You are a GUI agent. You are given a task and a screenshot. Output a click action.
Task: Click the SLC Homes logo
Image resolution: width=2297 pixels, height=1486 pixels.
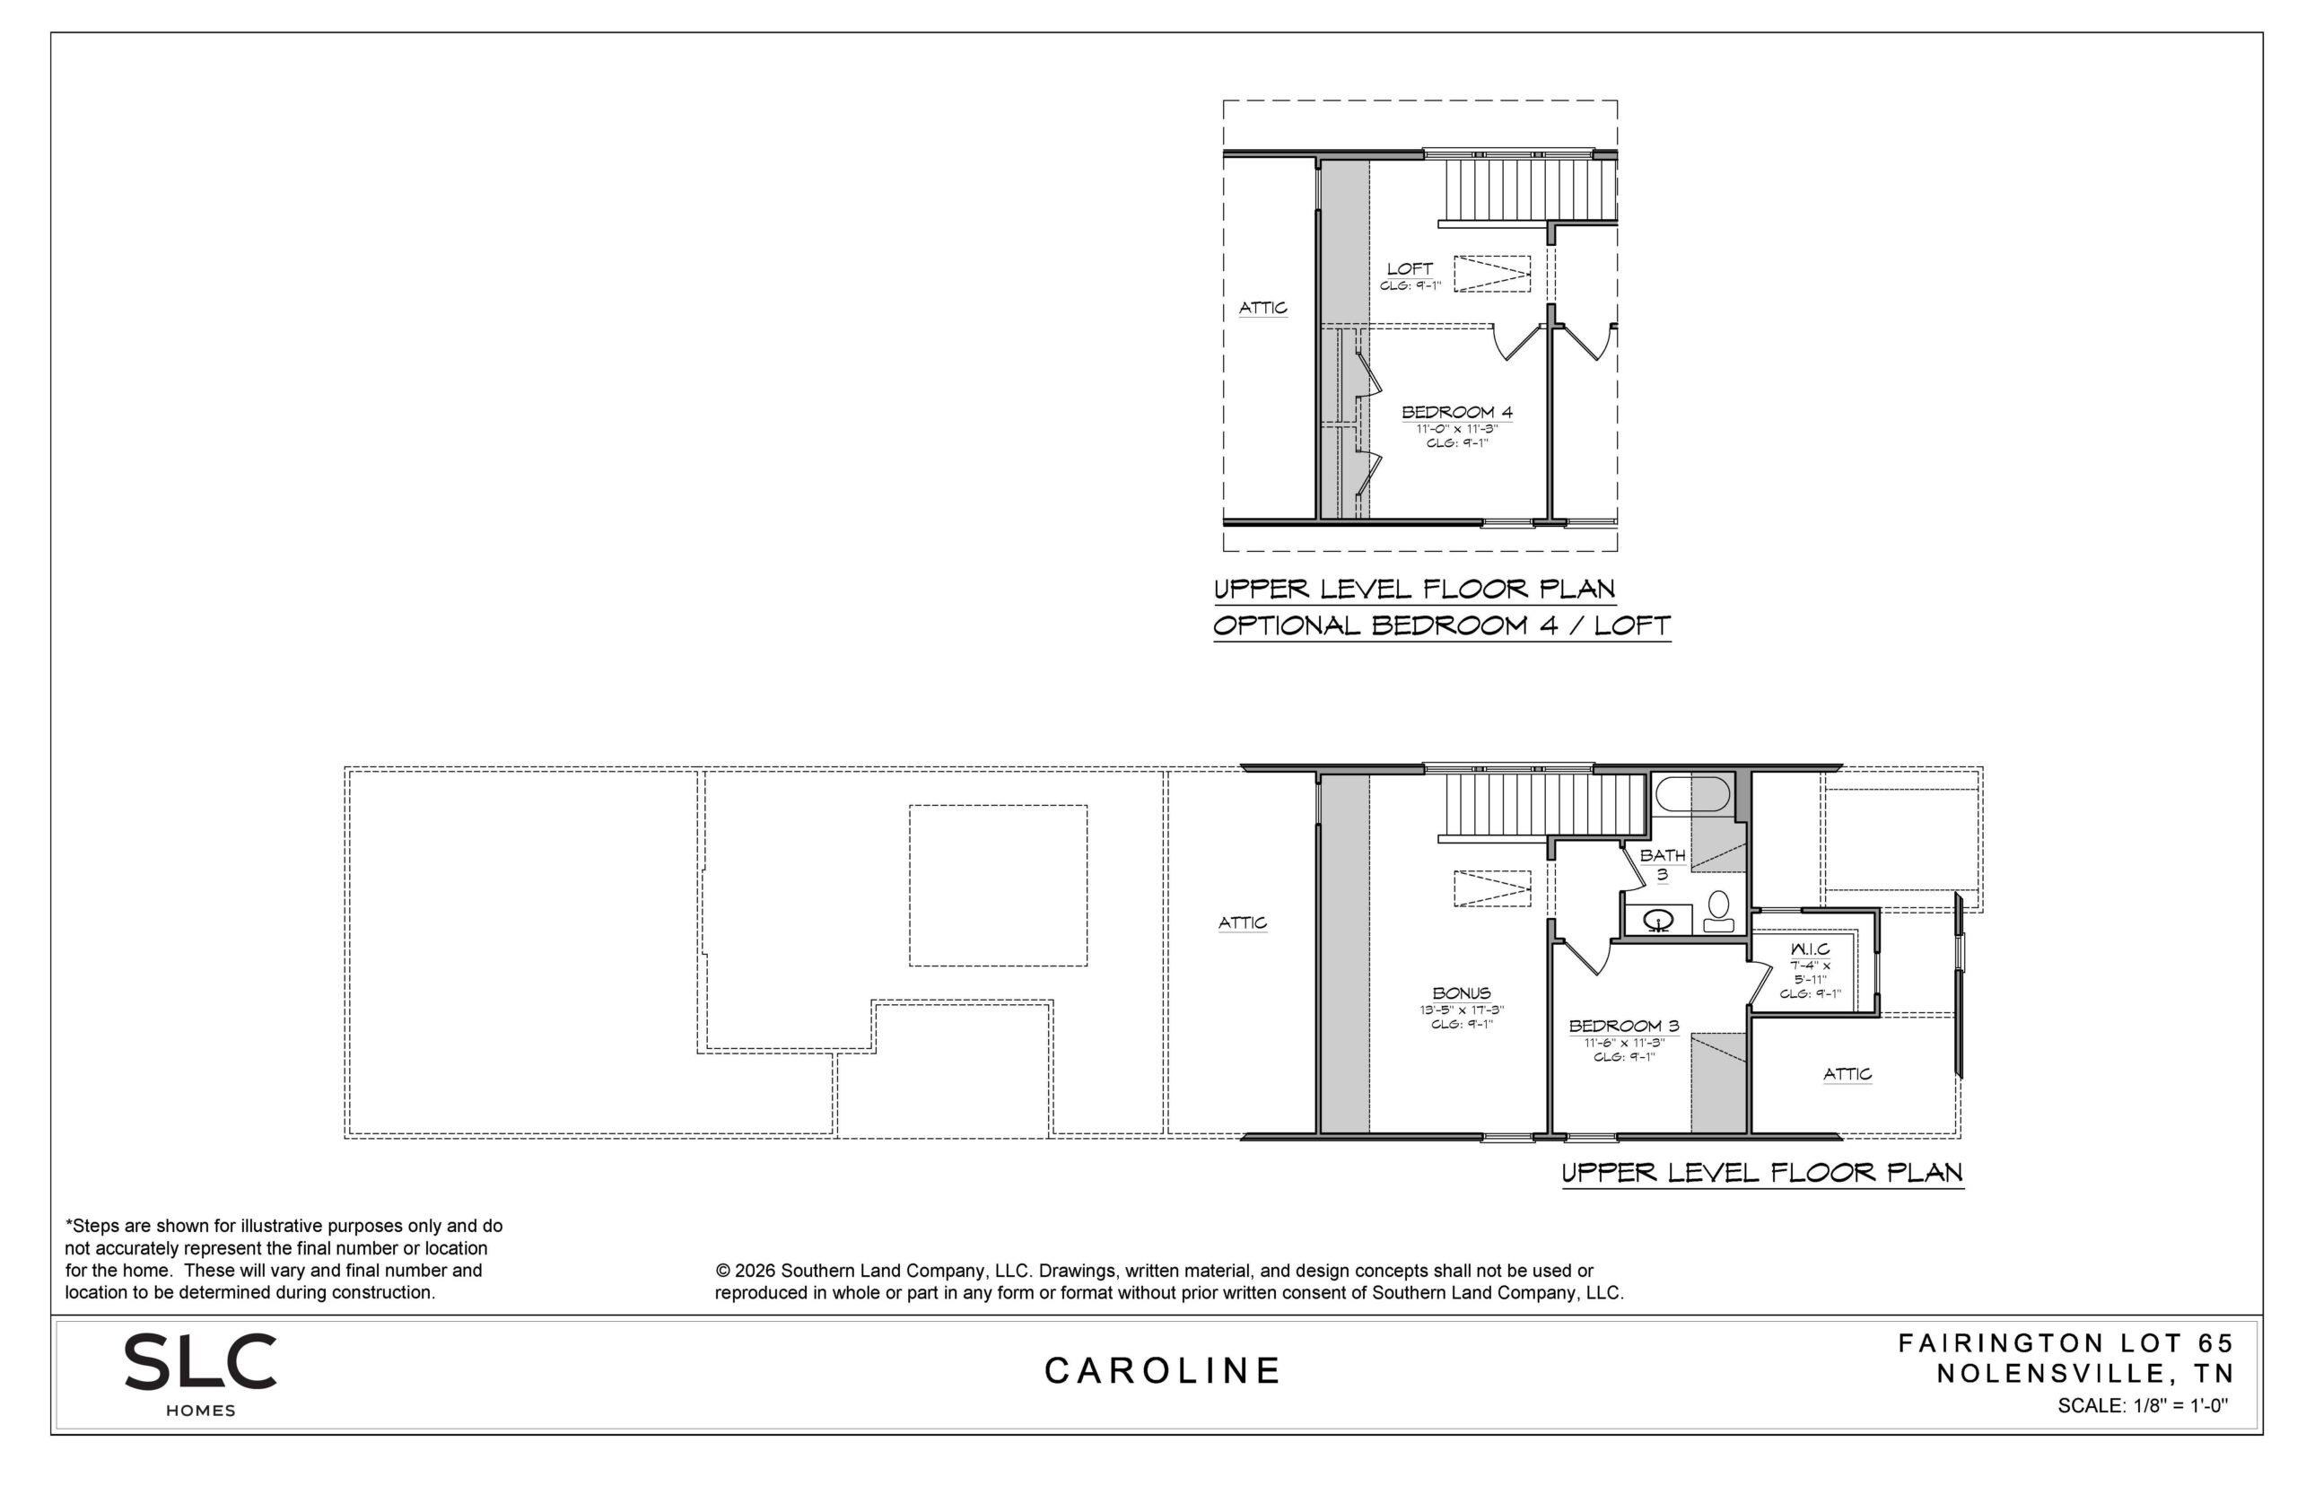tap(201, 1374)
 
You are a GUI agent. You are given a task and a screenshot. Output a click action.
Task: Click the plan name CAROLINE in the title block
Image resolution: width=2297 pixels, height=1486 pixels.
tap(1163, 1370)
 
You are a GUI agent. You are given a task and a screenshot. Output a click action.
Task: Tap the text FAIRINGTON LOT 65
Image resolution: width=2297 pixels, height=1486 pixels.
tap(2066, 1343)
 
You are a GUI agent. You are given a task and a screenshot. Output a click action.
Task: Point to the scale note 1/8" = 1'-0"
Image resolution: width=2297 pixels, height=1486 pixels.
tap(2144, 1406)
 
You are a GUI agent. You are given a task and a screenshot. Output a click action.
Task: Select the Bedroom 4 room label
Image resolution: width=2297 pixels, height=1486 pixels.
tap(1457, 412)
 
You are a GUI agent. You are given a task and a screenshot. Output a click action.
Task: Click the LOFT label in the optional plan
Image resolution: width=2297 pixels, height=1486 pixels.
tap(1410, 269)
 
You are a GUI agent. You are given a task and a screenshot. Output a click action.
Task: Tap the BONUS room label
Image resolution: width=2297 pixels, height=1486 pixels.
tap(1462, 993)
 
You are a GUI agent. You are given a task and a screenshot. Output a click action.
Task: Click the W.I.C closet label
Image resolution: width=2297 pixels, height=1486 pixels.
tap(1810, 949)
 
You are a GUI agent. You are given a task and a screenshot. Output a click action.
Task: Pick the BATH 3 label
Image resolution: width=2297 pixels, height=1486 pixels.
tap(1663, 863)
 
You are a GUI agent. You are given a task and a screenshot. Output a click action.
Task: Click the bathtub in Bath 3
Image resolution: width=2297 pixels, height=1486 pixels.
tap(1693, 794)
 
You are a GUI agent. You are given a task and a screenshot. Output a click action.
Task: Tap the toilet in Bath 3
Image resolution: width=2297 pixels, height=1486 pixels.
tap(1718, 911)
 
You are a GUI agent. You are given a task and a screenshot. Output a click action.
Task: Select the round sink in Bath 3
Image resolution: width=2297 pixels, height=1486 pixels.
tap(1658, 919)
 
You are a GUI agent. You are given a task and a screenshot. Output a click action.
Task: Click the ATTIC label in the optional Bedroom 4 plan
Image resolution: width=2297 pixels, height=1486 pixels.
tap(1262, 308)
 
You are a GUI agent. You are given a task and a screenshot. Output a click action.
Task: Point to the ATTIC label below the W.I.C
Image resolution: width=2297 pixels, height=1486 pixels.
tap(1847, 1074)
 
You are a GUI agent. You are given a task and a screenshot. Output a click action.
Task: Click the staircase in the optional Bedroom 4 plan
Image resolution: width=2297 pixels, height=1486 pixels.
tap(1527, 190)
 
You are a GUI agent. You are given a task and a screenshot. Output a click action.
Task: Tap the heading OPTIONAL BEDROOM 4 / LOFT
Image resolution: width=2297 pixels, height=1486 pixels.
tap(1441, 625)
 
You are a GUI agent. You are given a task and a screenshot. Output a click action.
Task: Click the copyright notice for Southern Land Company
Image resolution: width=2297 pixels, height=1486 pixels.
tap(1169, 1281)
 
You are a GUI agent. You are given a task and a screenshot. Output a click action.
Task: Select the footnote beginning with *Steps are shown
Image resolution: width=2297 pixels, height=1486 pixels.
tap(284, 1259)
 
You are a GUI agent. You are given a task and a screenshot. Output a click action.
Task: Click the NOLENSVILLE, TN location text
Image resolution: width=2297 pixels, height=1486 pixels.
tap(2084, 1373)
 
